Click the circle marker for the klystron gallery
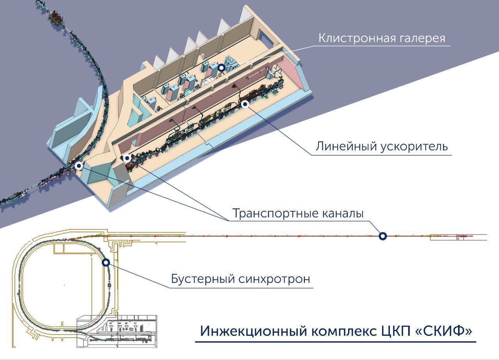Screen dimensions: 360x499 point(221,68)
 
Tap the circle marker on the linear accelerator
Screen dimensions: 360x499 point(245,104)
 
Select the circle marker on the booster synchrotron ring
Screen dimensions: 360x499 point(105,263)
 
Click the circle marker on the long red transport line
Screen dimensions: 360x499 point(383,236)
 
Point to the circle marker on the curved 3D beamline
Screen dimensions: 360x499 point(79,166)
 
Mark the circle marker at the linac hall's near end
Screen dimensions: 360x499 point(126,158)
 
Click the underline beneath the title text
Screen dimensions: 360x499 point(335,342)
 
